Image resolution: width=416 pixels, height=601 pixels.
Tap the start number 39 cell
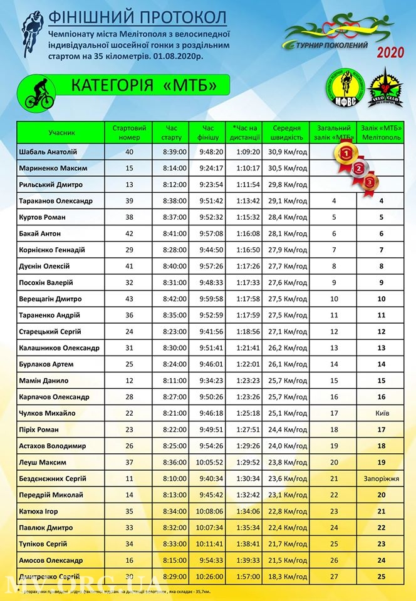click(129, 201)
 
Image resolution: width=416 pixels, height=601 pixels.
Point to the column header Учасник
click(61, 133)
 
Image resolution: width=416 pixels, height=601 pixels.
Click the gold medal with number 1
click(345, 152)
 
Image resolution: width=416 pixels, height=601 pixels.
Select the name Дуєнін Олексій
click(43, 266)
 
